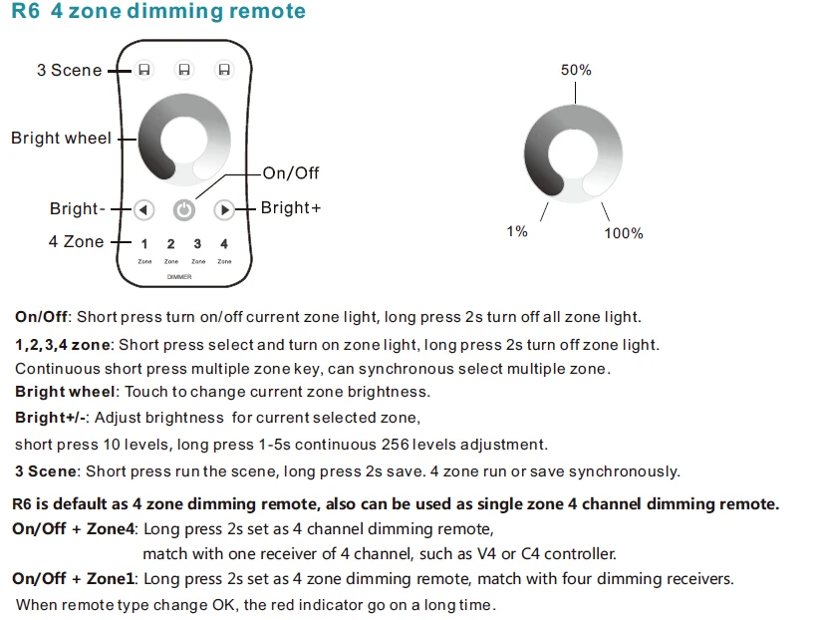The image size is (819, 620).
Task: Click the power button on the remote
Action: click(x=184, y=210)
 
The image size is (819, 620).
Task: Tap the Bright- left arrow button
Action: click(x=143, y=210)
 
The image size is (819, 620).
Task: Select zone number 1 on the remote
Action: click(x=144, y=244)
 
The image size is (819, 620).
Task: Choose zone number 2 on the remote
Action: click(x=170, y=244)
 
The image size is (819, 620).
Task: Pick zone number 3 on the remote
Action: click(x=197, y=244)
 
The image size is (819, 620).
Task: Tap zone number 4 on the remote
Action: click(x=224, y=244)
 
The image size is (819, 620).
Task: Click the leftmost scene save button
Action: click(x=144, y=70)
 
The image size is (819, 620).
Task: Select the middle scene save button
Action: click(x=183, y=70)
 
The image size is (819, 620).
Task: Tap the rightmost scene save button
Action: click(x=223, y=70)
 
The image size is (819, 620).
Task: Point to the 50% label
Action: click(x=576, y=70)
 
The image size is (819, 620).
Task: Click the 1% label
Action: click(x=516, y=231)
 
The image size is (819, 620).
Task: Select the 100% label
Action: click(x=624, y=233)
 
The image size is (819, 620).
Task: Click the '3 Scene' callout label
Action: click(x=69, y=70)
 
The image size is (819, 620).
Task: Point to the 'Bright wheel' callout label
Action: click(x=61, y=139)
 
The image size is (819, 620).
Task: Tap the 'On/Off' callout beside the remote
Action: click(x=291, y=173)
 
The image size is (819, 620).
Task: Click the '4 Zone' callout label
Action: click(x=76, y=242)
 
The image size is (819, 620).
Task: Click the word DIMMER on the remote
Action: click(x=179, y=276)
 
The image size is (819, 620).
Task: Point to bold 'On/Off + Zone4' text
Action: click(x=73, y=528)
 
